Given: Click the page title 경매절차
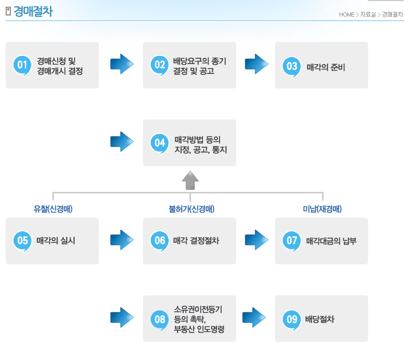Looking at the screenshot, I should coord(33,12).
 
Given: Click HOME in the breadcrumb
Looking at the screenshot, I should coord(346,14).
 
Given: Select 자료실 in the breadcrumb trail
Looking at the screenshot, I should coord(368,14).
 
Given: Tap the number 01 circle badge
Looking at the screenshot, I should coord(22,66).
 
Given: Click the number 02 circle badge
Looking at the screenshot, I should coord(159,66).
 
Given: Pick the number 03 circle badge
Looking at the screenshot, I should coord(291,67).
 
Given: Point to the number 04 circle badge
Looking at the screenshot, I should coord(159,143).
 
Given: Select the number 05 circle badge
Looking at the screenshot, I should coord(22,241).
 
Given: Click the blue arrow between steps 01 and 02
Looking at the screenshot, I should coord(122,64).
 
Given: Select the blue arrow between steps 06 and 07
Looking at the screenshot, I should coord(256,240).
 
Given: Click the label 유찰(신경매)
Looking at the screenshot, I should coord(53,209).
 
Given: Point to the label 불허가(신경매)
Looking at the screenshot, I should coord(191,209).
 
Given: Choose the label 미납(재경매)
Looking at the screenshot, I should coord(322,209).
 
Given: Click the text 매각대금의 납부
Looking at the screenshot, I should coord(331,241).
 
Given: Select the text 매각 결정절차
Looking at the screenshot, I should coord(196,241).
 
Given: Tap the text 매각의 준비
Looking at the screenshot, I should coord(326,67).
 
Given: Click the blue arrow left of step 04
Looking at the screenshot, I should coord(122,142).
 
